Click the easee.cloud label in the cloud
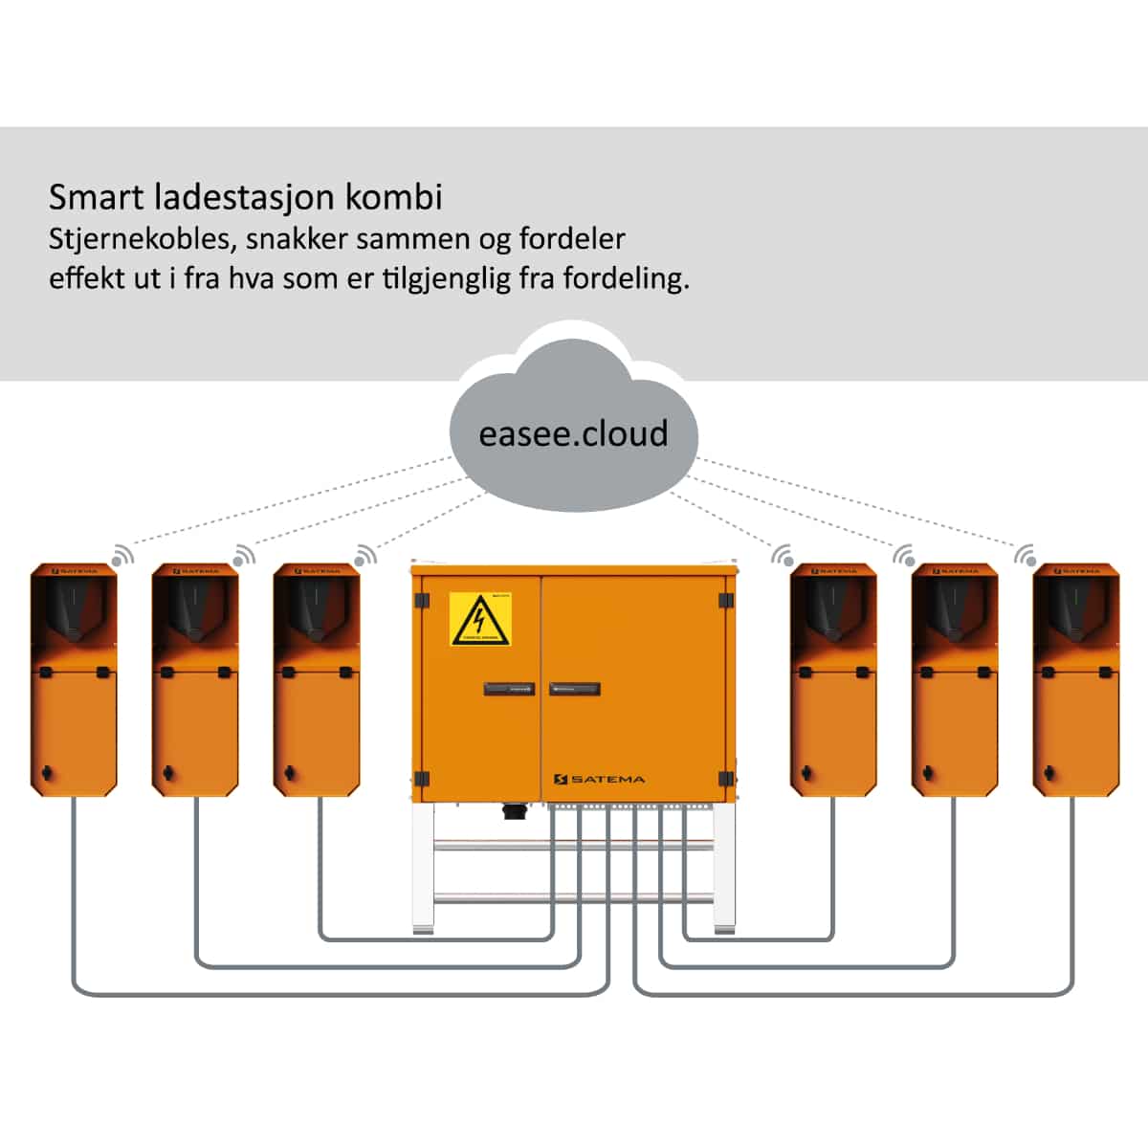click(x=573, y=433)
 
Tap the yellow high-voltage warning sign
click(x=480, y=619)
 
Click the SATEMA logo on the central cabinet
click(x=600, y=780)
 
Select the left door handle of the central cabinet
click(x=509, y=689)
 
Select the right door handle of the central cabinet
click(x=575, y=689)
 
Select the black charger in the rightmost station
click(x=1074, y=612)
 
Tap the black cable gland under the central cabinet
click(x=514, y=811)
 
